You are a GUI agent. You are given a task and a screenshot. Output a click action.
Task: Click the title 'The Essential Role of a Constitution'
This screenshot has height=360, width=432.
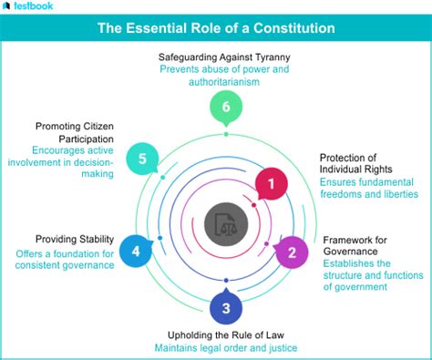tap(216, 28)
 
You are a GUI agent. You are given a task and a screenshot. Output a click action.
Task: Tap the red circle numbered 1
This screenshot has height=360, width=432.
tap(270, 185)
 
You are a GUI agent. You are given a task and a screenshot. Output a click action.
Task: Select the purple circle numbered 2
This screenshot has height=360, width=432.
tap(292, 250)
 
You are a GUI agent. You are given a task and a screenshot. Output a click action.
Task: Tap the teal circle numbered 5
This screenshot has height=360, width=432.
tap(142, 158)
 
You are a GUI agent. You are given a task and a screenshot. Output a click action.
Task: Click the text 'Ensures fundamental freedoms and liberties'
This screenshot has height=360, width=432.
tap(367, 187)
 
